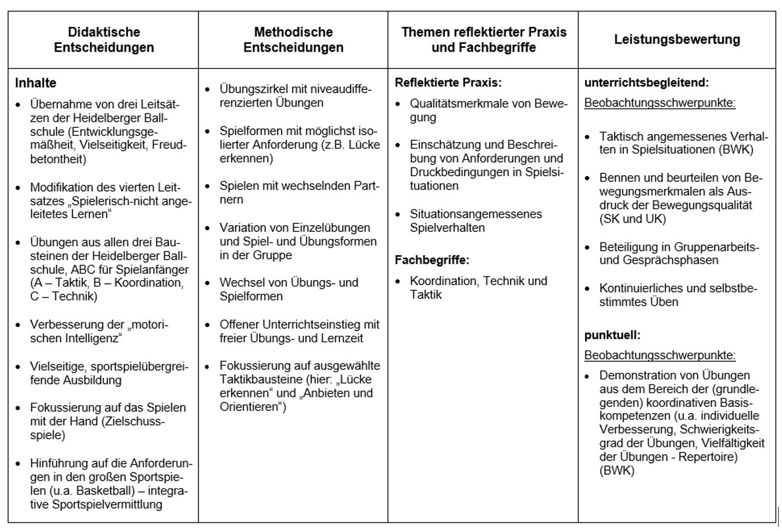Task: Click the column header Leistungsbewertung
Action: coord(677,39)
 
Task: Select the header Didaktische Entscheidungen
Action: coord(104,39)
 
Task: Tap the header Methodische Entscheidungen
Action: coord(293,39)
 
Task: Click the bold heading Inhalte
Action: coord(35,83)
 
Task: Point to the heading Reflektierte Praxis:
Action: coord(448,83)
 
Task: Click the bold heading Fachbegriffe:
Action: coord(432,260)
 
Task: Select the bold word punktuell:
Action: coord(612,335)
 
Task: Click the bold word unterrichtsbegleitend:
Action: coord(646,83)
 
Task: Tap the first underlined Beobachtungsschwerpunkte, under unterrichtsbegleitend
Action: coord(660,103)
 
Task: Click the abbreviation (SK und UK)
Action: coord(632,219)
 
